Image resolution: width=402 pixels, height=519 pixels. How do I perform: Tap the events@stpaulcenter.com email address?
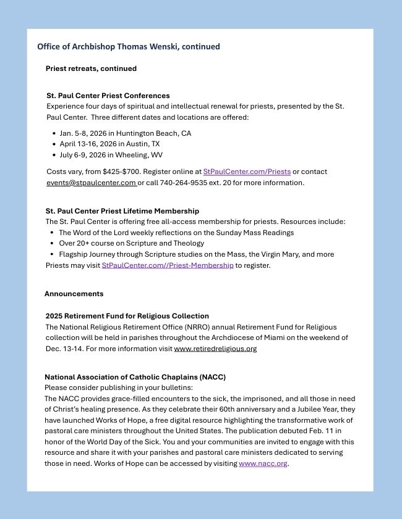[x=91, y=183]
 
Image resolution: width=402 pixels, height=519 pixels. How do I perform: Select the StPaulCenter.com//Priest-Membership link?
[x=167, y=265]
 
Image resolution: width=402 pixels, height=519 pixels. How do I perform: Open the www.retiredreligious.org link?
[x=215, y=349]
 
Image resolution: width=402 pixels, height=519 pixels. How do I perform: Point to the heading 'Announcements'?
[x=74, y=294]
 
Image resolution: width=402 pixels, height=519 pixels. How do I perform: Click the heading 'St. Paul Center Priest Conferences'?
[x=108, y=96]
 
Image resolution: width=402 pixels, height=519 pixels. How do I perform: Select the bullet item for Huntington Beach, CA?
[x=125, y=133]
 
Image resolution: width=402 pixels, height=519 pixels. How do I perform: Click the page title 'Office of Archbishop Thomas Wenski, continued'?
[x=128, y=46]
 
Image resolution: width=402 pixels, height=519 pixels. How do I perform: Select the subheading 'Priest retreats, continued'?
[x=91, y=69]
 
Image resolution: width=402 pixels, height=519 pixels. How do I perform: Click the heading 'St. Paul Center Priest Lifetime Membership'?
[x=122, y=211]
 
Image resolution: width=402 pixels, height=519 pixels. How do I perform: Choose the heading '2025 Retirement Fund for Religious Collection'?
[x=127, y=316]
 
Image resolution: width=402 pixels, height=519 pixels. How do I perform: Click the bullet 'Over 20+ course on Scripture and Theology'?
[x=131, y=243]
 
